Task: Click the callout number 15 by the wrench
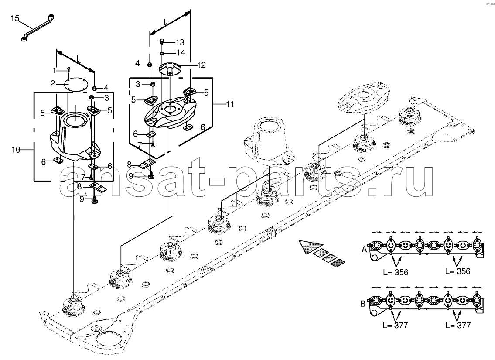(x=15, y=18)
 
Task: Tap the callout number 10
(x=16, y=150)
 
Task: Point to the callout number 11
(x=230, y=104)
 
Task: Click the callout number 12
(x=201, y=65)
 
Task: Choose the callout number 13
(x=180, y=42)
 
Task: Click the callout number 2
(x=53, y=84)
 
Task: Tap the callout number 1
(x=54, y=70)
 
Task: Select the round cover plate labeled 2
(x=75, y=84)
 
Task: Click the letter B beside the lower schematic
(x=363, y=304)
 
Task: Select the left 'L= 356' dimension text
(x=395, y=272)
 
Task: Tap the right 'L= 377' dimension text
(x=458, y=325)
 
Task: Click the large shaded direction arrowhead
(x=311, y=246)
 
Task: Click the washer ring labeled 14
(x=162, y=53)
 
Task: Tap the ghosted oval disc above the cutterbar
(x=363, y=98)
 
